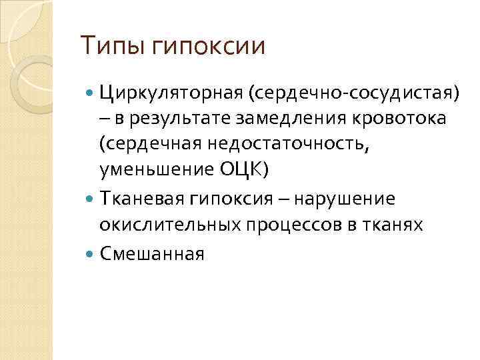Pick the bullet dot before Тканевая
[91, 199]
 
